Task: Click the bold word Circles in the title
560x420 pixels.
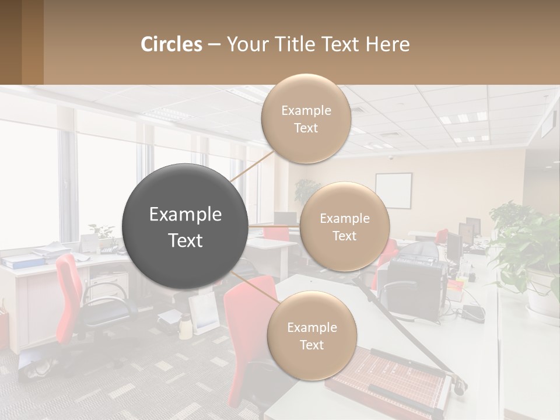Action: pyautogui.click(x=171, y=44)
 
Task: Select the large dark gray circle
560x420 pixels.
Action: pyautogui.click(x=185, y=227)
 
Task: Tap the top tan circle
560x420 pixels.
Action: pyautogui.click(x=306, y=118)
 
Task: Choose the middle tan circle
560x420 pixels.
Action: pyautogui.click(x=344, y=227)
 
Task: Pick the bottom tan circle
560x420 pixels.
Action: pyautogui.click(x=311, y=336)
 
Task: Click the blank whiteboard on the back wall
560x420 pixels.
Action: pyautogui.click(x=393, y=191)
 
